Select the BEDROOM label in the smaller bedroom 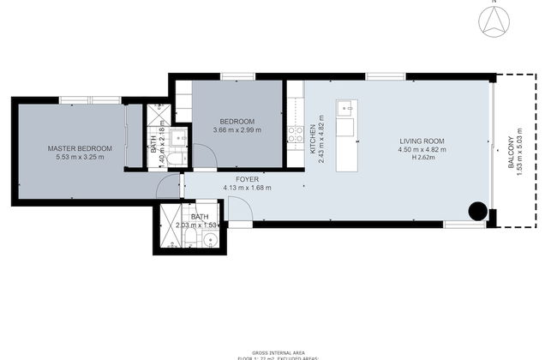[236, 121]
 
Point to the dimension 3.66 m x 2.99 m [237, 130]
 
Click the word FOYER [247, 179]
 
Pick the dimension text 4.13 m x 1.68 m [247, 188]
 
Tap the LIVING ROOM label [422, 141]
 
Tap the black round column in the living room [477, 212]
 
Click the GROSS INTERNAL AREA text [278, 348]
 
